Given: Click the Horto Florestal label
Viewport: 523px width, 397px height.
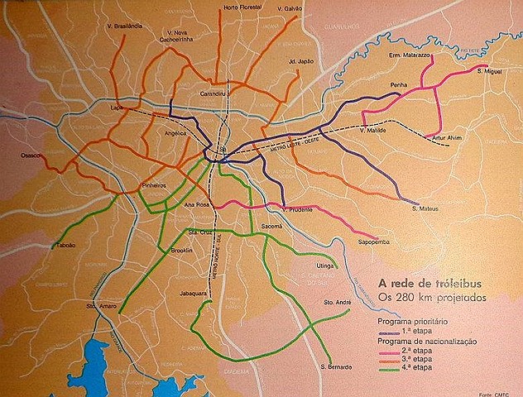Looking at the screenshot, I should coord(240,8).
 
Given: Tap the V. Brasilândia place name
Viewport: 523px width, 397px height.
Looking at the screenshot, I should coord(125,26).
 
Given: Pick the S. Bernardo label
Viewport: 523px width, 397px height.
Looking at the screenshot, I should coord(335,366).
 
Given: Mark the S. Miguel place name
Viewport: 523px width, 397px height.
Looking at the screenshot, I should coord(491,71).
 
